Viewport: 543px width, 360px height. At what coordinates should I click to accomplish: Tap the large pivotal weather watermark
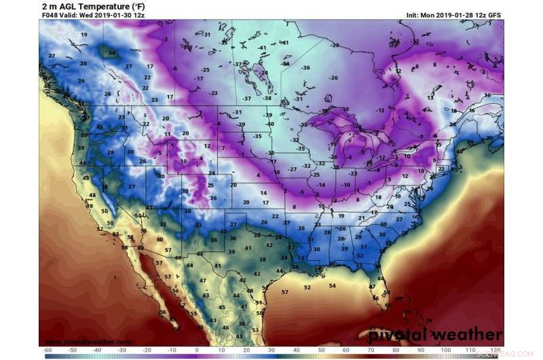tap(436, 336)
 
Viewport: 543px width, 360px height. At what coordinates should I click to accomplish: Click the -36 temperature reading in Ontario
tap(305, 68)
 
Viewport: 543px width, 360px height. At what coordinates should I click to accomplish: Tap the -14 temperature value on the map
tap(321, 185)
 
